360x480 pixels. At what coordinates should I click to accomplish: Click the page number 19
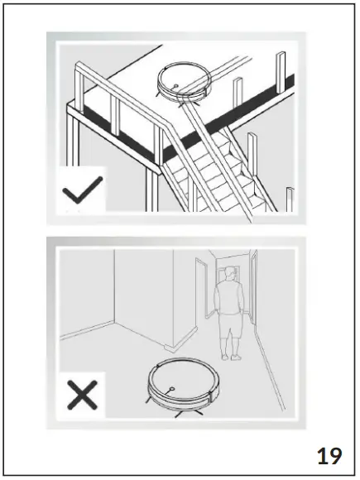coord(329,454)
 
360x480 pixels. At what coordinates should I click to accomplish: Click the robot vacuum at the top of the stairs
coord(184,81)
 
